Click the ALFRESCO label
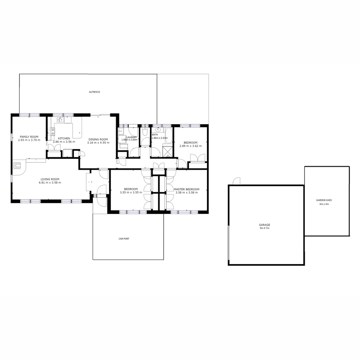(94, 92)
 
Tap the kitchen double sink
(60, 120)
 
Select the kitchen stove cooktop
(53, 131)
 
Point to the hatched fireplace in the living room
(17, 165)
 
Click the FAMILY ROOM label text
(29, 137)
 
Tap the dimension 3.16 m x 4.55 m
(98, 143)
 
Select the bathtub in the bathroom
(169, 135)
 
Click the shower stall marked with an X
(167, 151)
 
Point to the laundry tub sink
(121, 131)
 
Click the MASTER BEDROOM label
(187, 189)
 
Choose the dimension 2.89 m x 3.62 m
(190, 146)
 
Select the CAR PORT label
(124, 239)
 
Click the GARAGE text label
(266, 225)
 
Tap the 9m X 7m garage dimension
(266, 229)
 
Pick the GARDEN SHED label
(324, 200)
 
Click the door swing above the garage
(237, 181)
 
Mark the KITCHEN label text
(64, 138)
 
